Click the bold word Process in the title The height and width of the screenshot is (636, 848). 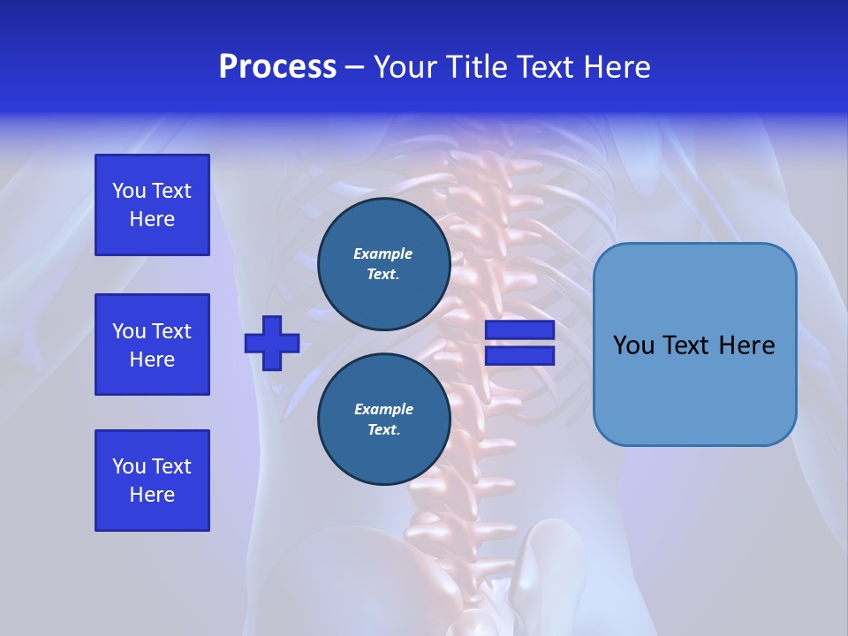(x=277, y=67)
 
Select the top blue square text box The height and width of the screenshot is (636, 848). (x=152, y=205)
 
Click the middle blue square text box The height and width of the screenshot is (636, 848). (x=152, y=344)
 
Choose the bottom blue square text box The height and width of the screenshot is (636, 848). (x=152, y=481)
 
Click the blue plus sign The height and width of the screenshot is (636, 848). (x=272, y=343)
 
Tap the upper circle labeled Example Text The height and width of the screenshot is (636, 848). (x=383, y=263)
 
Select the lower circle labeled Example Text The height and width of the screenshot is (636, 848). (x=383, y=419)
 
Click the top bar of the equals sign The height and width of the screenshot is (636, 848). (x=519, y=330)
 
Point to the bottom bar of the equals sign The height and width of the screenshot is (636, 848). (x=519, y=355)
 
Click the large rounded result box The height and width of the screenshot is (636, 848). (x=694, y=344)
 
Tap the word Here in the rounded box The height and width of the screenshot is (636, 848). (x=746, y=345)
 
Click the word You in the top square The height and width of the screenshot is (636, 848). (x=129, y=191)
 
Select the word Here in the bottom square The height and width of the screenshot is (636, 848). (x=152, y=495)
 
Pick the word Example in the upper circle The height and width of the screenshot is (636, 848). (x=383, y=254)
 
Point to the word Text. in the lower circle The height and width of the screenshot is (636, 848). (x=383, y=430)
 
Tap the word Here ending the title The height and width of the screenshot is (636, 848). (x=618, y=67)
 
